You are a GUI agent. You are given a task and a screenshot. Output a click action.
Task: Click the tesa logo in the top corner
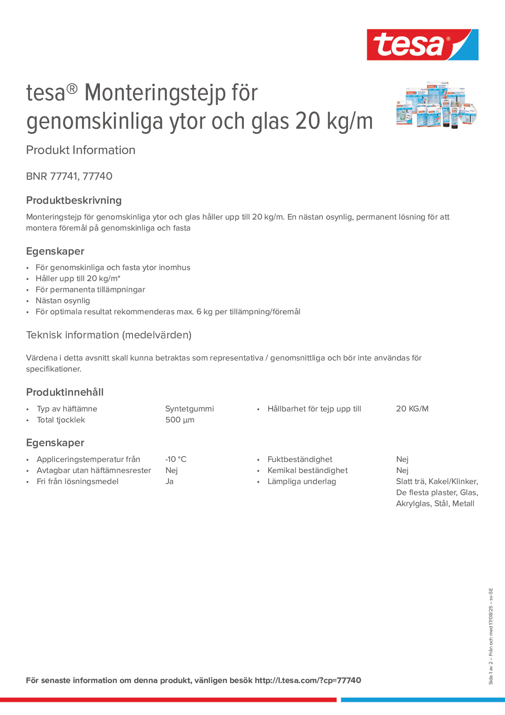422,44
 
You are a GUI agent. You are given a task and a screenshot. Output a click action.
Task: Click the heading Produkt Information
81,150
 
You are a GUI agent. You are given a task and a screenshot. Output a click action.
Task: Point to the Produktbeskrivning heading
74,200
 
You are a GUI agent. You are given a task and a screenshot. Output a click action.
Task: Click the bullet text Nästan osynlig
63,301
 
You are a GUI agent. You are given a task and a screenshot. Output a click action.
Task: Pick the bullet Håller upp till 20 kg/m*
78,278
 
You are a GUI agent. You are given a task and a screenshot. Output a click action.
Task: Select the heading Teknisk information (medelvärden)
109,335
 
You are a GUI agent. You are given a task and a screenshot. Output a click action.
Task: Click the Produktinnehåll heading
65,392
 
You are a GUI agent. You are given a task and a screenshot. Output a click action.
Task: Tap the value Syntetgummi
189,408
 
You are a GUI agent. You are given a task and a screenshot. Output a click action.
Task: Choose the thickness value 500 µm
180,420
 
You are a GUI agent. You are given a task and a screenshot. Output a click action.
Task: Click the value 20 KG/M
412,408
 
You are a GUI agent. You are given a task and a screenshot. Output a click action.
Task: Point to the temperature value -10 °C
176,459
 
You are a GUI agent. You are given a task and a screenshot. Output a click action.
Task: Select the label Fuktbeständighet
299,459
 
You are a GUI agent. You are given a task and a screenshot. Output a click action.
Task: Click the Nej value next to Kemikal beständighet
402,470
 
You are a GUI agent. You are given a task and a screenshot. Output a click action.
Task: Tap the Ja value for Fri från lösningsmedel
169,482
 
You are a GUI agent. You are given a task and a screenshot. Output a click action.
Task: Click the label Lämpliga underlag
301,482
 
